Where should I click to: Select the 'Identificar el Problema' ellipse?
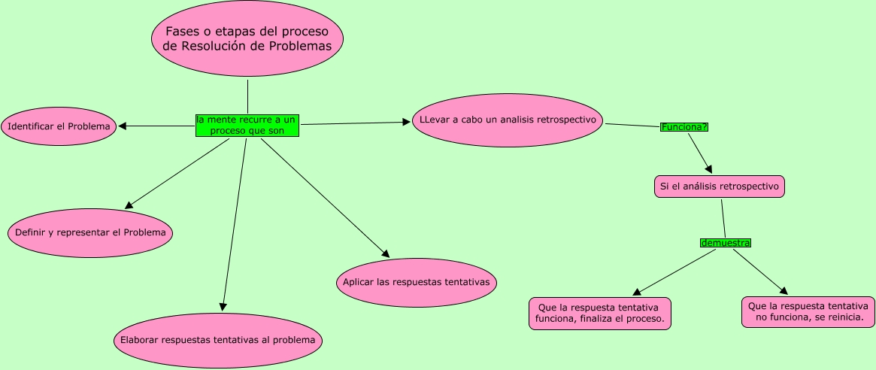pos(59,126)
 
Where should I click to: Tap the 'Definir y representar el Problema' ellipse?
pos(90,232)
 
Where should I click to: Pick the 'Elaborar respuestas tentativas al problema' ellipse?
pos(218,341)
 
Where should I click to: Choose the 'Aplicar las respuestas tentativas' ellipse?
pos(416,282)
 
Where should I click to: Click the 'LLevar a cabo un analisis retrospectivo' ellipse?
pos(508,120)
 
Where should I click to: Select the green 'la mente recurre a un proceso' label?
pos(247,125)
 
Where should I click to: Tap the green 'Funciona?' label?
pos(684,126)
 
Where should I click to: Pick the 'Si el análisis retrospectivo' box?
pos(720,186)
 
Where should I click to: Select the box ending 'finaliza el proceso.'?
pos(599,314)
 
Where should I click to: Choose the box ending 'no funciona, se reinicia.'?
pos(808,312)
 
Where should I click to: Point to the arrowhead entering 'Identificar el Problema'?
pos(123,126)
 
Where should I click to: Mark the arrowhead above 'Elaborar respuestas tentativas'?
pos(223,306)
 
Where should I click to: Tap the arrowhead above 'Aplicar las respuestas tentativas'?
pos(386,255)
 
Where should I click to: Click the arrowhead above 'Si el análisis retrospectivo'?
pos(708,169)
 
